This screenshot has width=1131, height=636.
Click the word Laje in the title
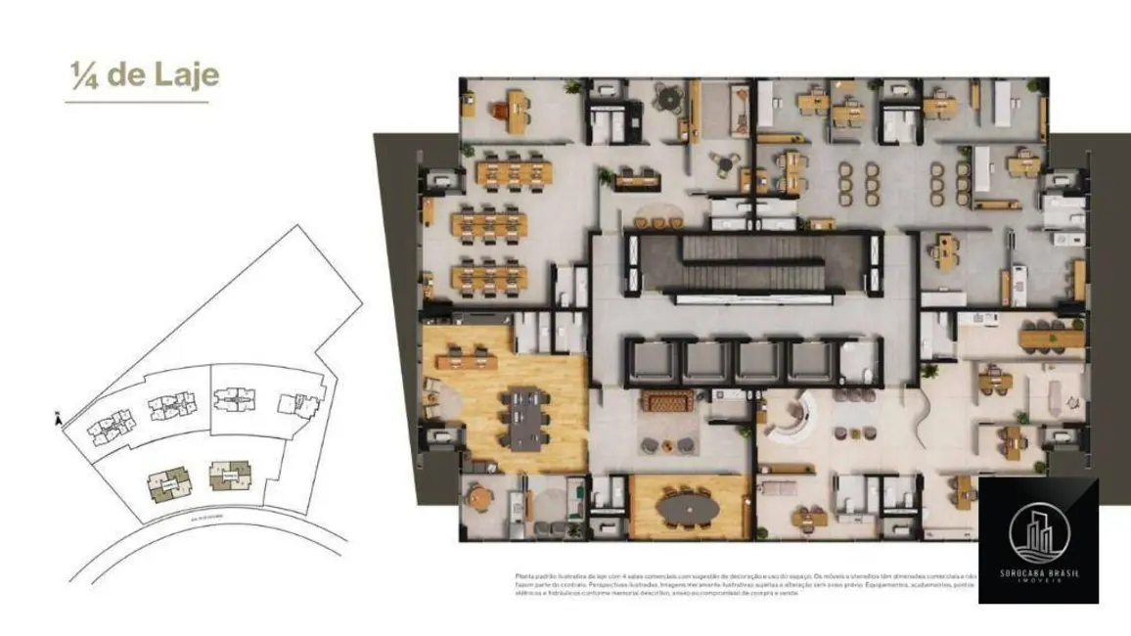point(186,76)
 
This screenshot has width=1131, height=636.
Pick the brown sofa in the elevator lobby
point(668,401)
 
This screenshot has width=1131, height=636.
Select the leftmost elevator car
point(649,361)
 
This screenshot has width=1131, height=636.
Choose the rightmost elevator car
point(811,361)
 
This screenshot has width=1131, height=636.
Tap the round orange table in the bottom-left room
point(478,497)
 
